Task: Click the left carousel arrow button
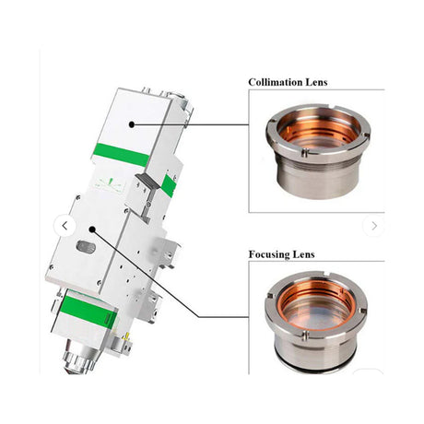tap(65, 225)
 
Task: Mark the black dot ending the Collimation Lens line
tap(133, 120)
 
